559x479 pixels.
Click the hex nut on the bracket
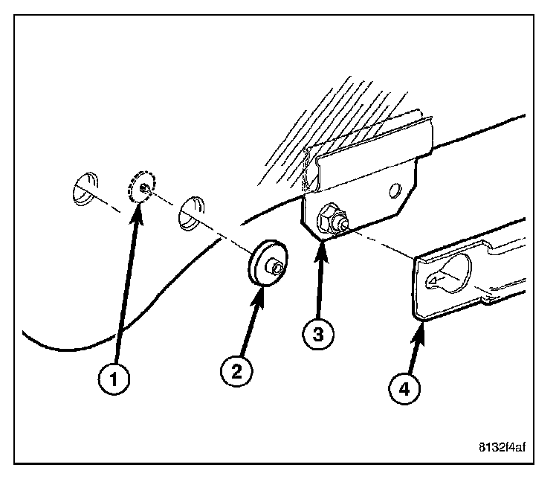pyautogui.click(x=329, y=220)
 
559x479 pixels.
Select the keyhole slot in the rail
pyautogui.click(x=449, y=271)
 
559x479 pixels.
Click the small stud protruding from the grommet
pyautogui.click(x=277, y=266)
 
